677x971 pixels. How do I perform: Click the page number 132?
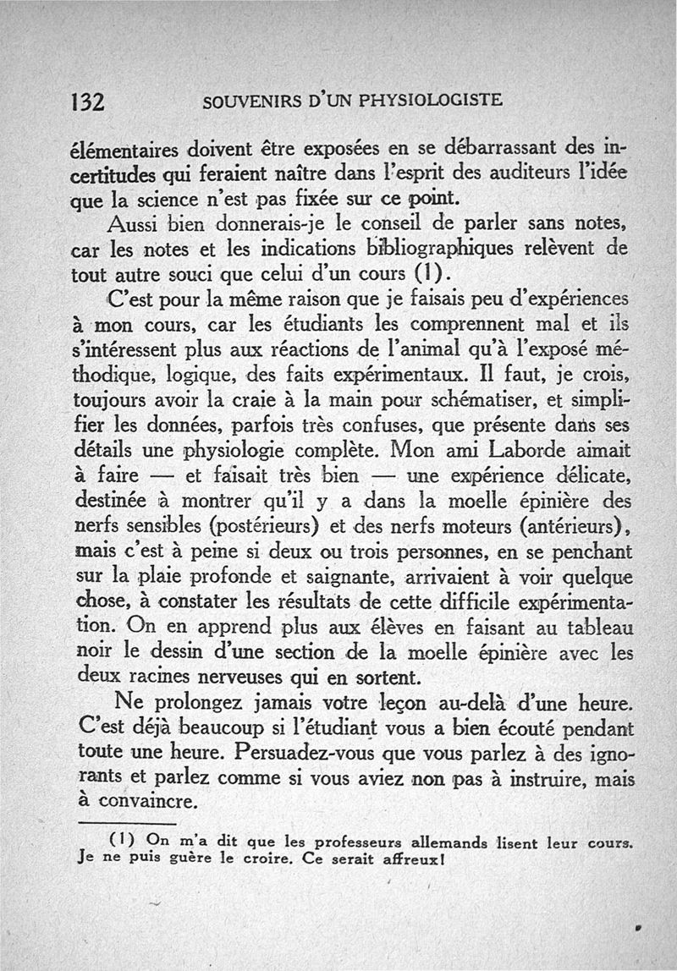86,101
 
